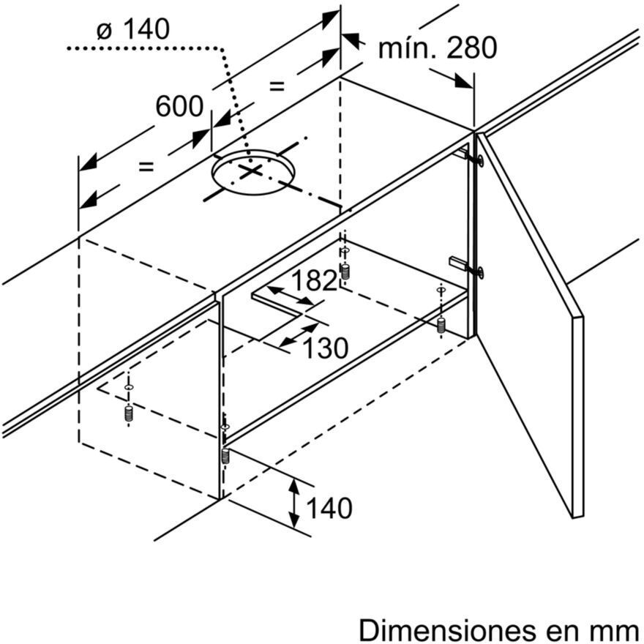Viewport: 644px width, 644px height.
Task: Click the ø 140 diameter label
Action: (x=133, y=29)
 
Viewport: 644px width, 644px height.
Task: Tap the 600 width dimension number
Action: (x=179, y=106)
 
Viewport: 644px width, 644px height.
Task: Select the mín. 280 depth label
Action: (x=438, y=48)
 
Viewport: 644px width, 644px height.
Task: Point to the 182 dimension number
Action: (x=314, y=280)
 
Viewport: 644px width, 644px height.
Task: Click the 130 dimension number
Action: (x=325, y=348)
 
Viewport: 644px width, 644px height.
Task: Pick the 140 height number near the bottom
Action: (x=329, y=508)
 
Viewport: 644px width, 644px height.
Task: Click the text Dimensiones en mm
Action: (x=499, y=629)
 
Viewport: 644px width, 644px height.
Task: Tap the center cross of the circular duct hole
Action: (x=251, y=171)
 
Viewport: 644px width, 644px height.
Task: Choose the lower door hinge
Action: (x=467, y=266)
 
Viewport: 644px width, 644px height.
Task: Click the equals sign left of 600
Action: (x=146, y=167)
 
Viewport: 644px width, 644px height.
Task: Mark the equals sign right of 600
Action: (x=277, y=86)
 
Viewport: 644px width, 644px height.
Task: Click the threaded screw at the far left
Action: (x=129, y=413)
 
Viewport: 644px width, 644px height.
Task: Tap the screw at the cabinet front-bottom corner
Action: (x=225, y=456)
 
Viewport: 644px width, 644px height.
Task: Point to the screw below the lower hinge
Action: (x=442, y=325)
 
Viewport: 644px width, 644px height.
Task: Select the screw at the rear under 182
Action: (x=345, y=272)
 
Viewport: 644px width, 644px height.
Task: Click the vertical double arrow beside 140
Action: (x=293, y=503)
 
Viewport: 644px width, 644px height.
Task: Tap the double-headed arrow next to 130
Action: (x=299, y=334)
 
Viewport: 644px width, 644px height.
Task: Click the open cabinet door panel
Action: (x=529, y=325)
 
